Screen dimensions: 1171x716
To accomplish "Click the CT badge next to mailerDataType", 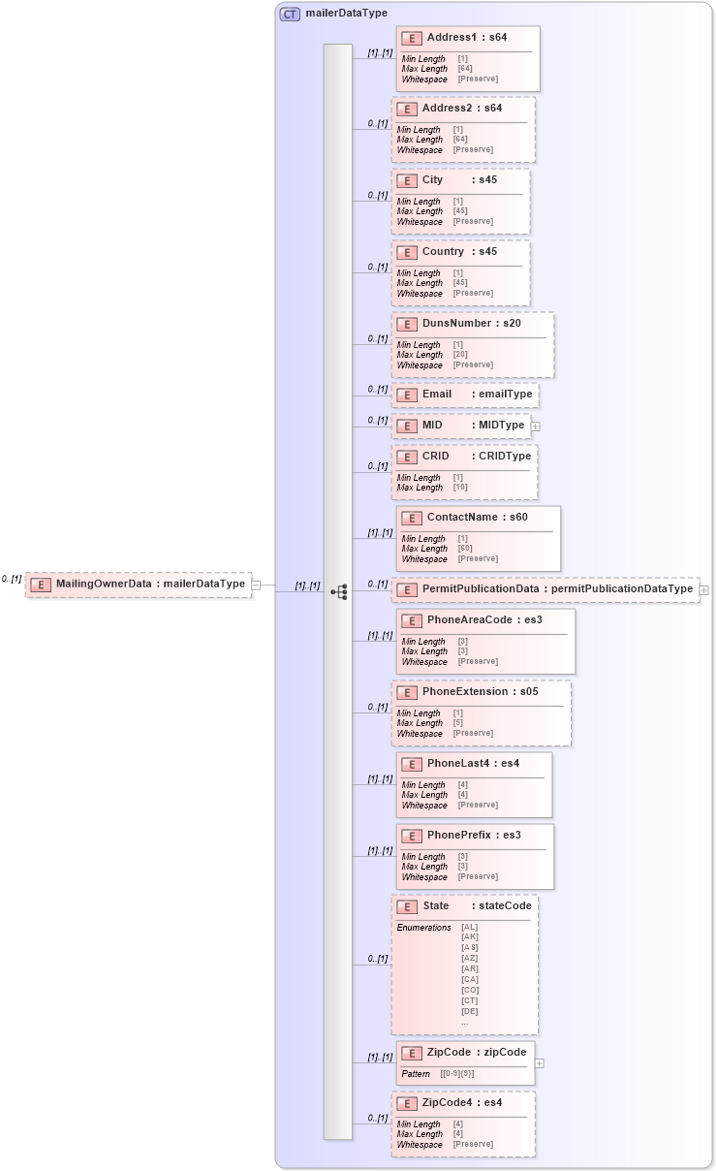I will click(289, 14).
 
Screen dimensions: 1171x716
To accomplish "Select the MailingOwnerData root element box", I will click(138, 585).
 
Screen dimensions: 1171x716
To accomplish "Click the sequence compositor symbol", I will click(338, 591).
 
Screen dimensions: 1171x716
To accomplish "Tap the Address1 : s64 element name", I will click(466, 38).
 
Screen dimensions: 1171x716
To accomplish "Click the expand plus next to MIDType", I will click(535, 426).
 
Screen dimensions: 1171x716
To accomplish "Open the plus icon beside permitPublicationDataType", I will click(703, 589).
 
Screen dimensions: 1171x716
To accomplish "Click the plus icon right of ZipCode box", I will click(540, 1063).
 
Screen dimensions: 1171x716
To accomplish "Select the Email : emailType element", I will click(464, 395).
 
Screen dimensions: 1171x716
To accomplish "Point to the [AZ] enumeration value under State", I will click(469, 958).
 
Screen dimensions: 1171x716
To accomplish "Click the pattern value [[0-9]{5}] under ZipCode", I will click(457, 1074).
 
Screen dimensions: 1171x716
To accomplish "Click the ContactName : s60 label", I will click(477, 518).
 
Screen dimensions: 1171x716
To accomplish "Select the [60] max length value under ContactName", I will click(463, 549).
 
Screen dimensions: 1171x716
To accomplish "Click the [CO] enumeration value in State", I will click(469, 990).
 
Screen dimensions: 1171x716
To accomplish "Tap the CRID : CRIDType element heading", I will click(463, 456).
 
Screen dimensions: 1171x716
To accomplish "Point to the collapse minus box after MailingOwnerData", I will click(256, 585).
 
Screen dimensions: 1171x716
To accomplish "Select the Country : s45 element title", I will click(459, 252).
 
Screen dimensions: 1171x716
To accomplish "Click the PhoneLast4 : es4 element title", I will click(473, 764).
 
